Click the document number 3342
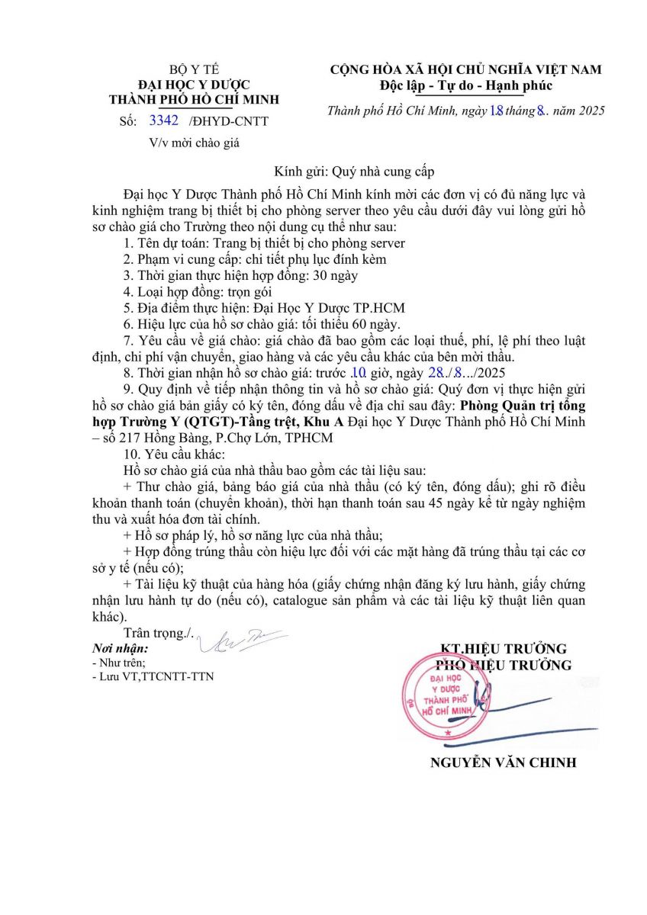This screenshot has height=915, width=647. [x=165, y=120]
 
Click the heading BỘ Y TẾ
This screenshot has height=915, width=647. [x=194, y=69]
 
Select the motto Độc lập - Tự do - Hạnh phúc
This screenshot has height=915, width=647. [x=465, y=85]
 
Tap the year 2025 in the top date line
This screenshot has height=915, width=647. [x=589, y=111]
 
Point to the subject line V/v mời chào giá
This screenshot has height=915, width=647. [x=198, y=142]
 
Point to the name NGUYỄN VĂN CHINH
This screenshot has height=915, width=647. [x=503, y=762]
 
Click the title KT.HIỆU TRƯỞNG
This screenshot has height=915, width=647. [x=504, y=649]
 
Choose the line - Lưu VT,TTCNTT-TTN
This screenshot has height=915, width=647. [x=153, y=676]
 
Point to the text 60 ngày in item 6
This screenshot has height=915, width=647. [x=335, y=324]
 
